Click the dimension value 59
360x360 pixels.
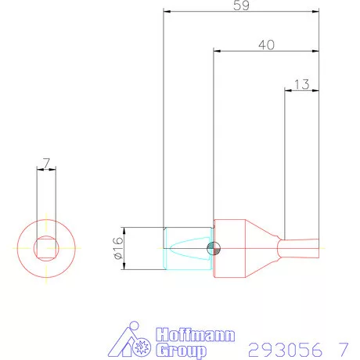pyautogui.click(x=243, y=6)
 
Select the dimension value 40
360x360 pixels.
pyautogui.click(x=266, y=45)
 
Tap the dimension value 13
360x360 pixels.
pyautogui.click(x=301, y=84)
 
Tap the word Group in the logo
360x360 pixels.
pyautogui.click(x=183, y=351)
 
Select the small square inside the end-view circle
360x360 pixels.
pyautogui.click(x=46, y=247)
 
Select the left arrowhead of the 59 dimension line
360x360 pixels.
pyautogui.click(x=167, y=11)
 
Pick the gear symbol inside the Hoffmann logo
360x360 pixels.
pyautogui.click(x=142, y=345)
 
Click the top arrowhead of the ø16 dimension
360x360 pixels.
pyautogui.click(x=125, y=230)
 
